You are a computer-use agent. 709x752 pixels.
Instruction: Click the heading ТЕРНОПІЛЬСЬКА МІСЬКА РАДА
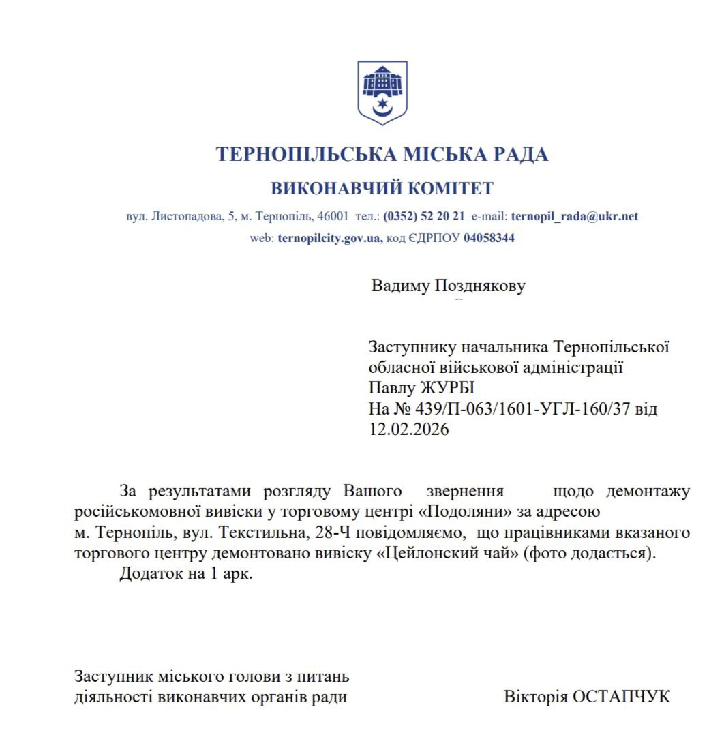(x=382, y=154)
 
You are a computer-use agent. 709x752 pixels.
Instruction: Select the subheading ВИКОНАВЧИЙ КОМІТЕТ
(x=382, y=188)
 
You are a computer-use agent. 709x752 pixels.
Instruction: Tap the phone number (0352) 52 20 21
(x=424, y=216)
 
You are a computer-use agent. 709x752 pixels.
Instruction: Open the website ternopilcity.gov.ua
(x=330, y=239)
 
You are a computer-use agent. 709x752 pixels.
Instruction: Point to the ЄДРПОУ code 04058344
(x=489, y=239)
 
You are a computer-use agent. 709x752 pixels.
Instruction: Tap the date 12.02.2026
(x=409, y=430)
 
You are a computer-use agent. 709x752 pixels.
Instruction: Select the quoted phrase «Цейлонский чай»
(x=447, y=552)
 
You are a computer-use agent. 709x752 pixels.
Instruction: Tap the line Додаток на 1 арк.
(x=186, y=573)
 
